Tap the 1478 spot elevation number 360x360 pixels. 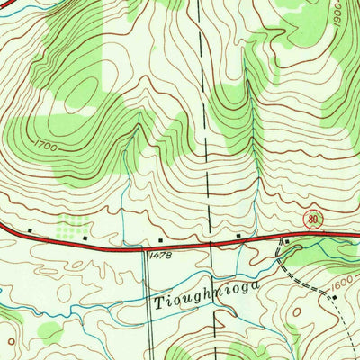tap(158, 256)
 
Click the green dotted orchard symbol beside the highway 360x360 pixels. tap(72, 222)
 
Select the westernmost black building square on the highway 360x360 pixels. tap(31, 229)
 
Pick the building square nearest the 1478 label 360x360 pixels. tap(160, 240)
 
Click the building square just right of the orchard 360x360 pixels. tap(85, 239)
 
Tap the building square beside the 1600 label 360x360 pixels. tap(335, 296)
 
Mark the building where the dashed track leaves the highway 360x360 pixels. tap(282, 241)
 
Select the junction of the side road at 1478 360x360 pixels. tap(143, 243)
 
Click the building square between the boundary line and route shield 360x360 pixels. tap(239, 235)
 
